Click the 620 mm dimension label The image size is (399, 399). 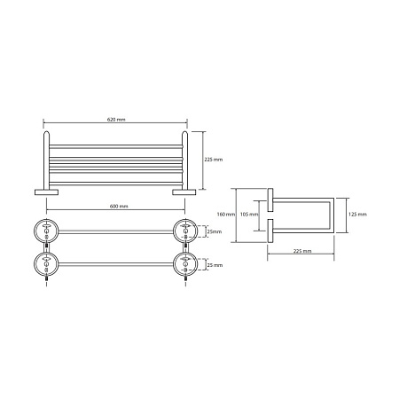(116, 120)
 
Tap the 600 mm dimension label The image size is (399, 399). (119, 207)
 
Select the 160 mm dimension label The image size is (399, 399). (226, 215)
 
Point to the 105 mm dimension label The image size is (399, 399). (249, 215)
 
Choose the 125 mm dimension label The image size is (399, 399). (357, 215)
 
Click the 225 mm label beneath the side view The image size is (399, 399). (302, 251)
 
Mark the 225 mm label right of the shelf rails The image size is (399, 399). (214, 160)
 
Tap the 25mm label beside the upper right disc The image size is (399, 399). (215, 231)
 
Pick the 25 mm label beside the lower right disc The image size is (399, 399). (215, 265)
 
